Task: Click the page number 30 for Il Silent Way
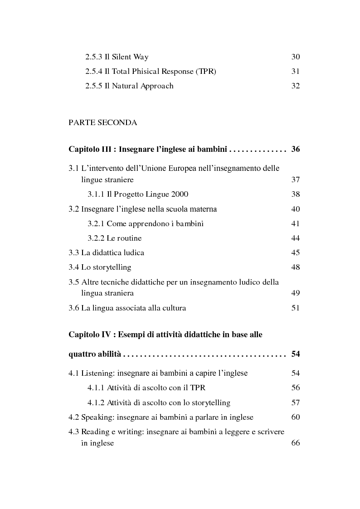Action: click(x=295, y=57)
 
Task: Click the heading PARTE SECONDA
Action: click(x=102, y=122)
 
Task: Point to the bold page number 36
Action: click(x=295, y=149)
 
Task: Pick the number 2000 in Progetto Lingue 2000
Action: click(x=179, y=194)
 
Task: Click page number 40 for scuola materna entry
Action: click(x=295, y=209)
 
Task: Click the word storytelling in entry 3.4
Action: click(x=112, y=267)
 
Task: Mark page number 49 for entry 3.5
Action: click(x=295, y=293)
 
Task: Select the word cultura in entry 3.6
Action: click(x=173, y=308)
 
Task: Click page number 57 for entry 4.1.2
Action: click(x=295, y=402)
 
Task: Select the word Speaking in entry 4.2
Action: click(x=97, y=417)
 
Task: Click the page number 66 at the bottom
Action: click(x=295, y=443)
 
